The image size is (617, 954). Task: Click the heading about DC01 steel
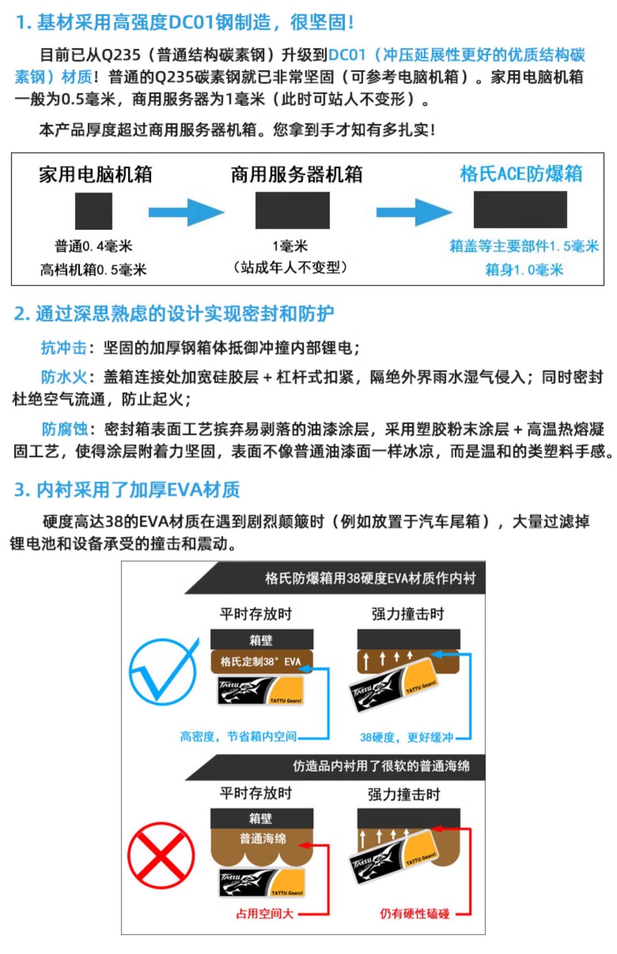185,22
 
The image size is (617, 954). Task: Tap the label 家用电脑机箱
95,174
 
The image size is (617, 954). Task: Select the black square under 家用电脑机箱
93,211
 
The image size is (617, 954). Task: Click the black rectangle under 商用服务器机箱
292,210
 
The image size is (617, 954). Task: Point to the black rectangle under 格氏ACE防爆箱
520,210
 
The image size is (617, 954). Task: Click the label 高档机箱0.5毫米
93,270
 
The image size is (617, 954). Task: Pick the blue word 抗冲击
64,348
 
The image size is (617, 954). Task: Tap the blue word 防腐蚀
65,429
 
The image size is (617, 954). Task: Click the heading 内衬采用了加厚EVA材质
127,490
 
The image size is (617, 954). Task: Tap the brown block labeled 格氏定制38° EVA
262,661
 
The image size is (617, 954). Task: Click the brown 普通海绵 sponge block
262,840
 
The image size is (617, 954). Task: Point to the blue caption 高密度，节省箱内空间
238,737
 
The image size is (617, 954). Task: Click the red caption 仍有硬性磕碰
414,914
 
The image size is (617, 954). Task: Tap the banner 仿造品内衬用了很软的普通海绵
380,766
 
